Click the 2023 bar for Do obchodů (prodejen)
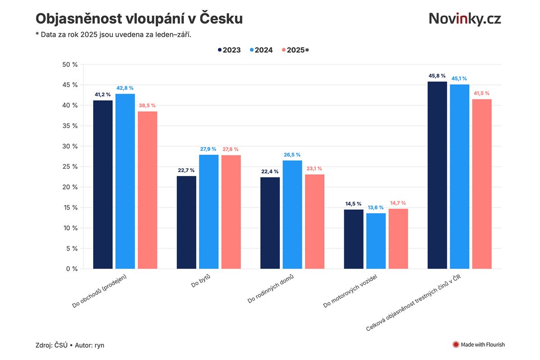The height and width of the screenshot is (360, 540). coord(103,184)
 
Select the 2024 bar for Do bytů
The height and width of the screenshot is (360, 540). coord(209,211)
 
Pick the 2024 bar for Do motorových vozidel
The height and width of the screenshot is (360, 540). coord(376,241)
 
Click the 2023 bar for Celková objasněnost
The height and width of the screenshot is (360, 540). coord(437,175)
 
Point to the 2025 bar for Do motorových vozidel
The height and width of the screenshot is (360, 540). coord(398,238)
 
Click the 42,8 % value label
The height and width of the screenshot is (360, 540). coord(125,88)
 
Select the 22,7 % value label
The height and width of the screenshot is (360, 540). coord(186,170)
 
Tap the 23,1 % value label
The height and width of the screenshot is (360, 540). coord(315,169)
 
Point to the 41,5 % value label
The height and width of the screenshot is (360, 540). coord(482,93)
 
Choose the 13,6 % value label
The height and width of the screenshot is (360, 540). coord(376,207)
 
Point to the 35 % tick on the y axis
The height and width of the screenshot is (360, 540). coord(70,126)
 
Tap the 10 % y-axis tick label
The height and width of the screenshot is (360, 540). coord(70,228)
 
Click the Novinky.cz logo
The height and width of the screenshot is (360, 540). coord(464,18)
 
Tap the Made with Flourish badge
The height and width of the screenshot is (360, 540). coord(478,345)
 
